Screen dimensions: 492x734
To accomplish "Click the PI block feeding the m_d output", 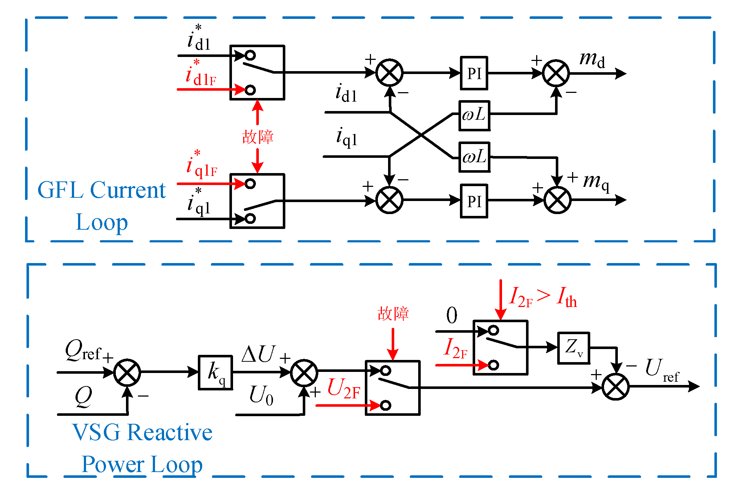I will click(474, 73).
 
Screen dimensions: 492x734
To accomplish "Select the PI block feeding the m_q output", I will click(474, 201).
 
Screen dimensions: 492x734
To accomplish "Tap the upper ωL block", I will click(474, 115).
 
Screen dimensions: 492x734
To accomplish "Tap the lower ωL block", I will click(474, 157).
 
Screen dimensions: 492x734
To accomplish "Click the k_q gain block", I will click(215, 373).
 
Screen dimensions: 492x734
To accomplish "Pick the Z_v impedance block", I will click(574, 348).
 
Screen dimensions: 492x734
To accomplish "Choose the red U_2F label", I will click(343, 389).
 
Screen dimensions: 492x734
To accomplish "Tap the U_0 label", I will click(261, 395).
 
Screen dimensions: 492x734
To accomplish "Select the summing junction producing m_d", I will click(556, 73).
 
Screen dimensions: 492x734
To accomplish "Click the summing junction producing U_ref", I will click(615, 386).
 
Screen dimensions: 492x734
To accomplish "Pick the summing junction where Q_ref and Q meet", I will click(127, 372).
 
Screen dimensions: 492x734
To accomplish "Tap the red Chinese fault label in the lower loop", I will click(393, 313).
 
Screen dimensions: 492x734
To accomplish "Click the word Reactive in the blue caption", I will click(170, 432).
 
